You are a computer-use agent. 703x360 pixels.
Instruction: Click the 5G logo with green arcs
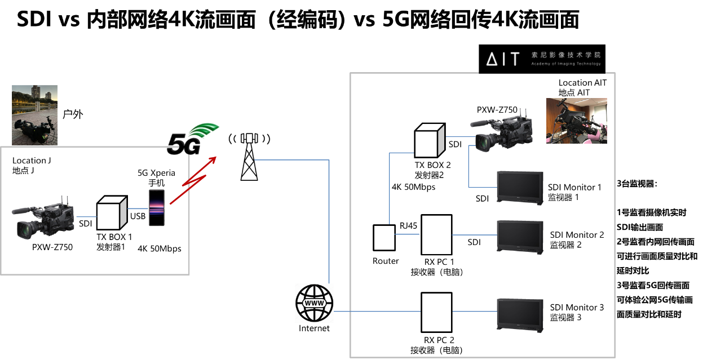(x=192, y=140)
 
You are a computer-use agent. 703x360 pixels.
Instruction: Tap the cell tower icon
(x=249, y=157)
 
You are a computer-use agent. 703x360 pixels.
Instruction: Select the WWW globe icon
(x=314, y=303)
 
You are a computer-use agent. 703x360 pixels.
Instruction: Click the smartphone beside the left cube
(x=157, y=208)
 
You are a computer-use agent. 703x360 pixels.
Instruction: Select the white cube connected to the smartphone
(x=111, y=213)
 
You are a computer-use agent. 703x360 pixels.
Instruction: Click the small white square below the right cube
(x=384, y=237)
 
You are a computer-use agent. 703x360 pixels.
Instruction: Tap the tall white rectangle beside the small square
(x=436, y=235)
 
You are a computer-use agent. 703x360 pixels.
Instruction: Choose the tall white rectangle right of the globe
(x=436, y=312)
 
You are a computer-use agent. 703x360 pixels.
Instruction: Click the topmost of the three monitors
(x=519, y=187)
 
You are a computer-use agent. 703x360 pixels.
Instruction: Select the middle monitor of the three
(x=519, y=237)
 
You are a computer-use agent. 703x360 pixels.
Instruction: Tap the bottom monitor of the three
(x=519, y=314)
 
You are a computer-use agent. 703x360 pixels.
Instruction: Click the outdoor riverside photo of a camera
(x=34, y=115)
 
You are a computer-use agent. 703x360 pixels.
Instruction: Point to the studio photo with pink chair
(x=576, y=121)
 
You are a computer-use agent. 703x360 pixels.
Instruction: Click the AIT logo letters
(x=502, y=59)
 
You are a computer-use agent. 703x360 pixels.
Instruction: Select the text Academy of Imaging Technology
(x=565, y=64)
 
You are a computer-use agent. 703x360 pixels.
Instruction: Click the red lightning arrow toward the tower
(x=193, y=180)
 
